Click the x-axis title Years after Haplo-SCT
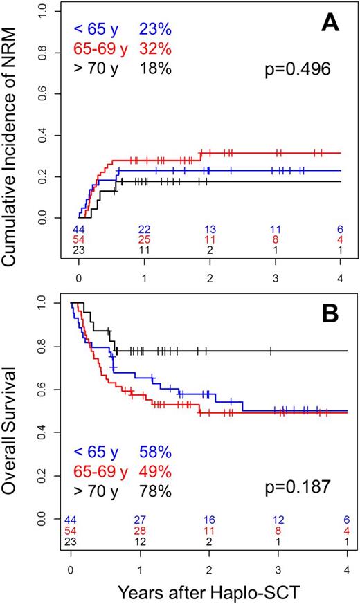pyautogui.click(x=208, y=590)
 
